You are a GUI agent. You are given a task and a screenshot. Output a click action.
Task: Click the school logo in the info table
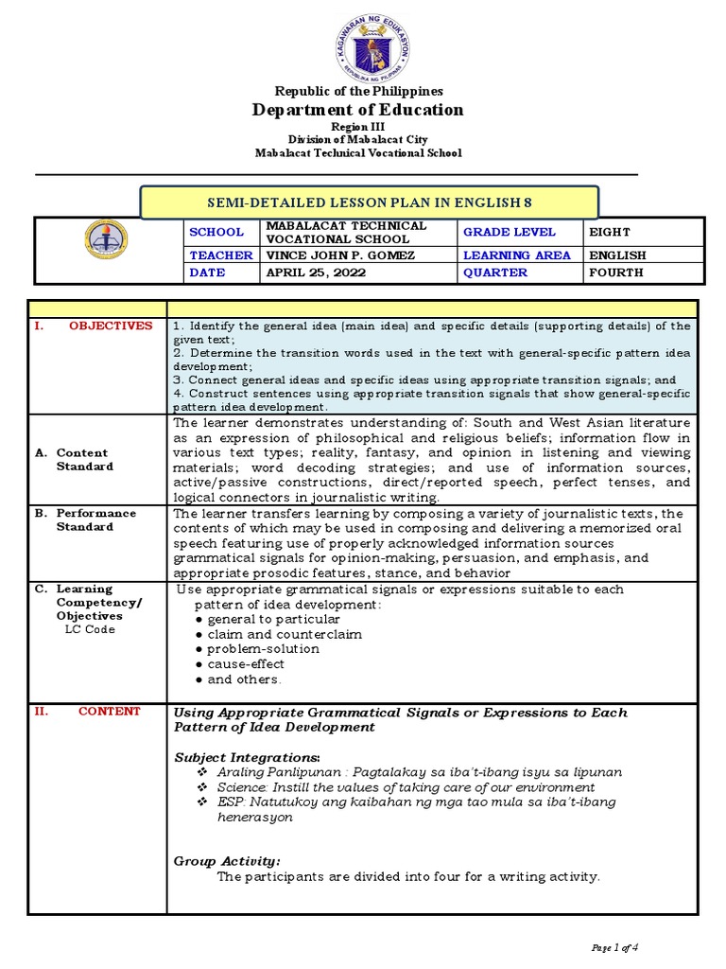(106, 241)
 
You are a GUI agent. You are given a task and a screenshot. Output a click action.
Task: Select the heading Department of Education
(358, 110)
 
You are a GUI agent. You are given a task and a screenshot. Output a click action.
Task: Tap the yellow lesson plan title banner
(369, 203)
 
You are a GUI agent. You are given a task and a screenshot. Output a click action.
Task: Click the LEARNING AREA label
(517, 255)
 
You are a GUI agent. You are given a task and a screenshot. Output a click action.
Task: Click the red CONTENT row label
(109, 712)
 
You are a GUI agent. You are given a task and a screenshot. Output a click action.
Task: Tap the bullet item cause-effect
(245, 664)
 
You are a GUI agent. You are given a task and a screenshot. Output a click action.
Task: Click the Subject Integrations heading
(248, 757)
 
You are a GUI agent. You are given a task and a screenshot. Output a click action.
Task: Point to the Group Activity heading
(227, 861)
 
